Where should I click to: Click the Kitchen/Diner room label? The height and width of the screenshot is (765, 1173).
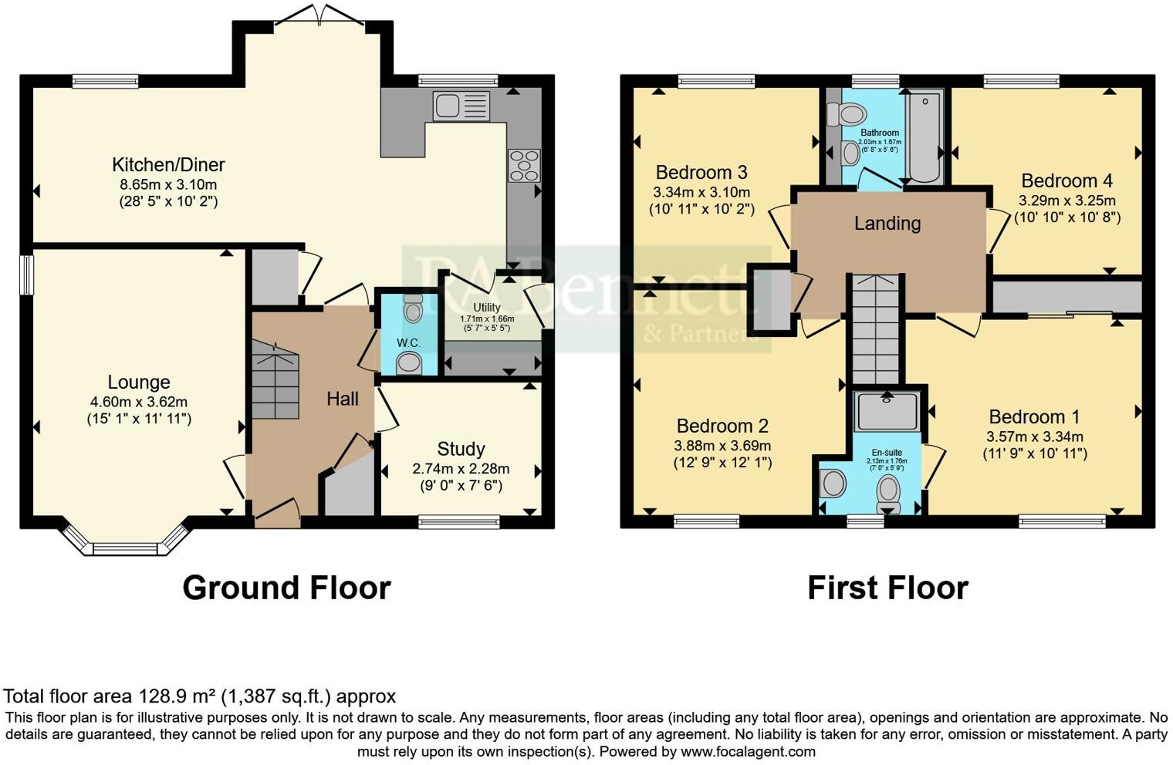click(168, 164)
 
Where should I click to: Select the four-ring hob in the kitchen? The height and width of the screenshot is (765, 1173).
click(523, 165)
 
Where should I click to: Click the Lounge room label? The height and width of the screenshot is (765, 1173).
click(139, 382)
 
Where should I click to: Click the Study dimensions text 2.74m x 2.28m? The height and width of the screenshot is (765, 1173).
click(461, 469)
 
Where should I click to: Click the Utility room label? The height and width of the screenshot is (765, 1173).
click(486, 307)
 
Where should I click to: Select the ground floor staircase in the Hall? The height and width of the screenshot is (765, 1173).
click(276, 382)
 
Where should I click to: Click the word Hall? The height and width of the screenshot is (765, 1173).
click(342, 399)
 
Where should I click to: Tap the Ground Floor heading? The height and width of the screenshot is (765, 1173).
click(286, 588)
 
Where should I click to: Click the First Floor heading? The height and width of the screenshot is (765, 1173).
click(887, 588)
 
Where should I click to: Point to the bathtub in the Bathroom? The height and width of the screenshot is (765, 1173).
click(925, 136)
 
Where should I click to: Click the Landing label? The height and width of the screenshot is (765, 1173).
click(887, 224)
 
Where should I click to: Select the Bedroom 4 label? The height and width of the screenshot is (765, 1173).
click(1067, 180)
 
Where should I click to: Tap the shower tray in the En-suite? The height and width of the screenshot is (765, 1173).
click(887, 410)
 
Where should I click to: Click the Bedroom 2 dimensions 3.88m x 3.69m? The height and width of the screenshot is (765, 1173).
click(722, 446)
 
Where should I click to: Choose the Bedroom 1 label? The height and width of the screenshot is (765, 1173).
click(1034, 417)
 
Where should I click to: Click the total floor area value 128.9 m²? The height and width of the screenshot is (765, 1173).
click(177, 696)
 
